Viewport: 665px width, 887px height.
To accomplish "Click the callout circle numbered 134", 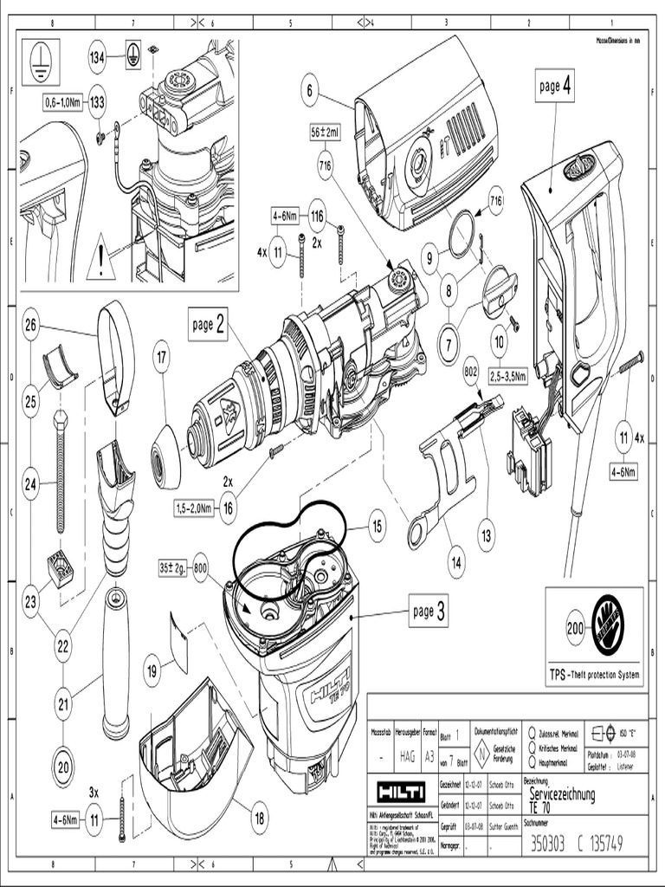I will (x=98, y=58).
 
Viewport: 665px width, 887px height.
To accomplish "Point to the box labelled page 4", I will (x=554, y=87).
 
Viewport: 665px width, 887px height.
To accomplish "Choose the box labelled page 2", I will (x=208, y=324).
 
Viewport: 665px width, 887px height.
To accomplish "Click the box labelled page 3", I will (x=429, y=612).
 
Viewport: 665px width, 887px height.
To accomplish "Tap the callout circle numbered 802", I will (x=472, y=370).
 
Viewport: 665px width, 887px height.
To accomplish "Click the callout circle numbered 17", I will (x=162, y=355).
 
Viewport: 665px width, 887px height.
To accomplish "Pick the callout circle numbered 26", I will (x=31, y=326).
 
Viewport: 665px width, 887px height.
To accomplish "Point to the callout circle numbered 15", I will (x=376, y=526).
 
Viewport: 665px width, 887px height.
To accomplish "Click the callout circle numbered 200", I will (x=576, y=630).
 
